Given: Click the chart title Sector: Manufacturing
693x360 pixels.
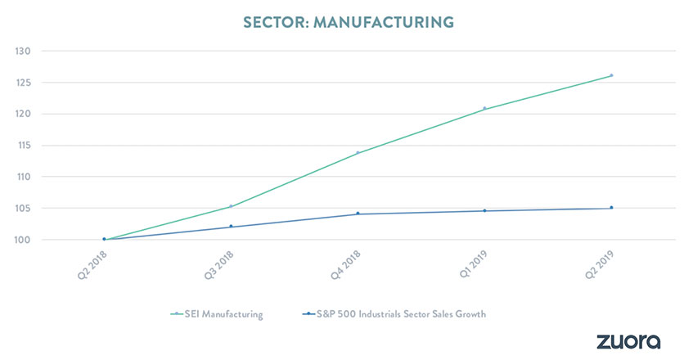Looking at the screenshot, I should point(347,21).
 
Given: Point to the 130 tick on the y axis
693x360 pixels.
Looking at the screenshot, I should point(22,52).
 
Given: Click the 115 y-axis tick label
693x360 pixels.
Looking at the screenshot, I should point(22,146).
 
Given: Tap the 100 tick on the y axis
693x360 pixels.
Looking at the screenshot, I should point(22,240).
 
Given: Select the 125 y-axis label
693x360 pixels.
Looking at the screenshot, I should point(22,83).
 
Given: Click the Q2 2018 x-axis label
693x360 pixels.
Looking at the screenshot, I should point(92,264).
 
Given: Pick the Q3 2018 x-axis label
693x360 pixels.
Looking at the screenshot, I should point(218,264).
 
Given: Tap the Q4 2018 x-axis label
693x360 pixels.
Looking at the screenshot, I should point(345,264).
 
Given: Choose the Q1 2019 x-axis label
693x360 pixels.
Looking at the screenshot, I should point(472,264).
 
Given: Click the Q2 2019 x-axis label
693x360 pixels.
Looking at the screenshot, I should point(599,264).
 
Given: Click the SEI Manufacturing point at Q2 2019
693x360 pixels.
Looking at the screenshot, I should point(611,75).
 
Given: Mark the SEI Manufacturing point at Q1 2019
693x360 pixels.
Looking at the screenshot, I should point(484,108).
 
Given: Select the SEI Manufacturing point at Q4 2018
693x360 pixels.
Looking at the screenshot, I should point(358,152).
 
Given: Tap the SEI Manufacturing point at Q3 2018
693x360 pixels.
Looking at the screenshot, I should point(231,206).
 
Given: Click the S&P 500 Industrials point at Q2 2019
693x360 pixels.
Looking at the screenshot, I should point(611,208).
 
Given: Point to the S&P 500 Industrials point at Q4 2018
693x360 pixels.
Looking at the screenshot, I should point(358,214).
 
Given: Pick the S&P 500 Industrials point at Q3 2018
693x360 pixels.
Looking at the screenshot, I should point(231,227).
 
